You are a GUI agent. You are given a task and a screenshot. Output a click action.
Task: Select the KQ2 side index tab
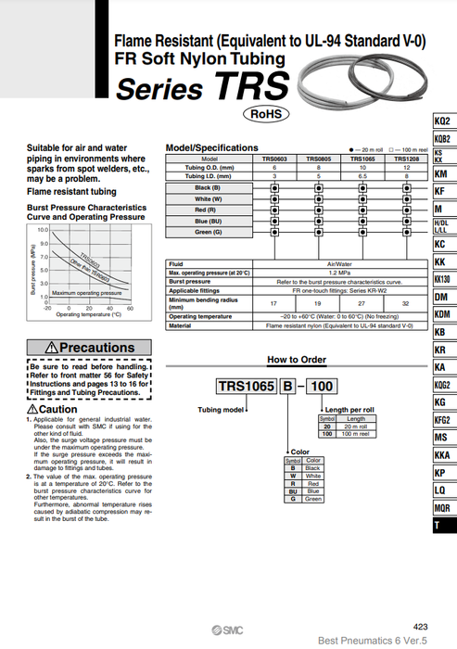(442, 122)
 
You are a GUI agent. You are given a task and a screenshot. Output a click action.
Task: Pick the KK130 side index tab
(442, 279)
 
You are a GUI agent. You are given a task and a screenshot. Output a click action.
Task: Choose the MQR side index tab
(442, 507)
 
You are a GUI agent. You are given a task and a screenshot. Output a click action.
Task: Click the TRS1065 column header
(362, 159)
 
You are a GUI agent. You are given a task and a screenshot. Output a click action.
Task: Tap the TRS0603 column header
(273, 159)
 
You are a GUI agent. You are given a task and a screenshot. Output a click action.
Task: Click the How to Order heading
(297, 359)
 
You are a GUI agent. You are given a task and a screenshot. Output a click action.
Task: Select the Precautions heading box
(86, 347)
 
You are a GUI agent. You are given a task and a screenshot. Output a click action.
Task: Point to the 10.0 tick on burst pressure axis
(42, 229)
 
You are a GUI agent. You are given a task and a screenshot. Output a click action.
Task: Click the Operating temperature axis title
(88, 315)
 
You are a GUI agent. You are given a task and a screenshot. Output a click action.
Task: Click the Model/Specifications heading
(211, 147)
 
